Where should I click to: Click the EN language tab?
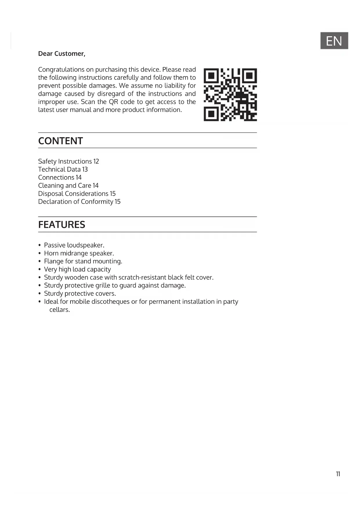tap(334, 41)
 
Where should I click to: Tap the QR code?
tap(230, 95)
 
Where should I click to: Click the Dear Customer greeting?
tap(61, 54)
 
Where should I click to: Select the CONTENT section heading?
tap(60, 141)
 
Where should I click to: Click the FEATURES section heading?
tap(61, 225)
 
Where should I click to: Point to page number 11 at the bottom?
tap(338, 474)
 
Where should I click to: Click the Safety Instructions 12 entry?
tap(68, 161)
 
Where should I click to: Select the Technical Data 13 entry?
tap(63, 169)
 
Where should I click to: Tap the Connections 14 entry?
tap(60, 178)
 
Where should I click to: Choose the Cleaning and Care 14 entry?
tap(68, 186)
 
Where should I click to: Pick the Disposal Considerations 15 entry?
tap(77, 194)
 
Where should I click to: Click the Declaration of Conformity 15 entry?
tap(79, 202)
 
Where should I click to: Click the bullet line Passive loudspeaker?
tap(74, 245)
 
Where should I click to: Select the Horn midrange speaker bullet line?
tap(79, 253)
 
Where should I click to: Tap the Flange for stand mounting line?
tap(83, 261)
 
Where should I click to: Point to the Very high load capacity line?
tap(77, 269)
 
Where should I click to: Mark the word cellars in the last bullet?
tap(59, 310)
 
